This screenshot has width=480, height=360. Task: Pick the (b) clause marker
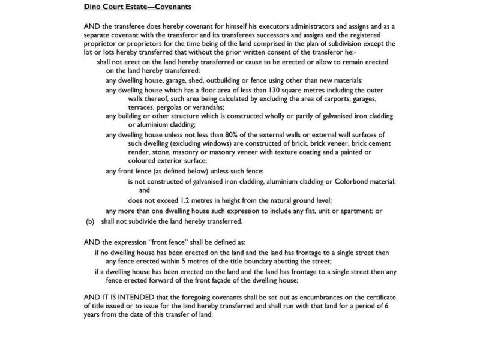(x=91, y=221)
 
